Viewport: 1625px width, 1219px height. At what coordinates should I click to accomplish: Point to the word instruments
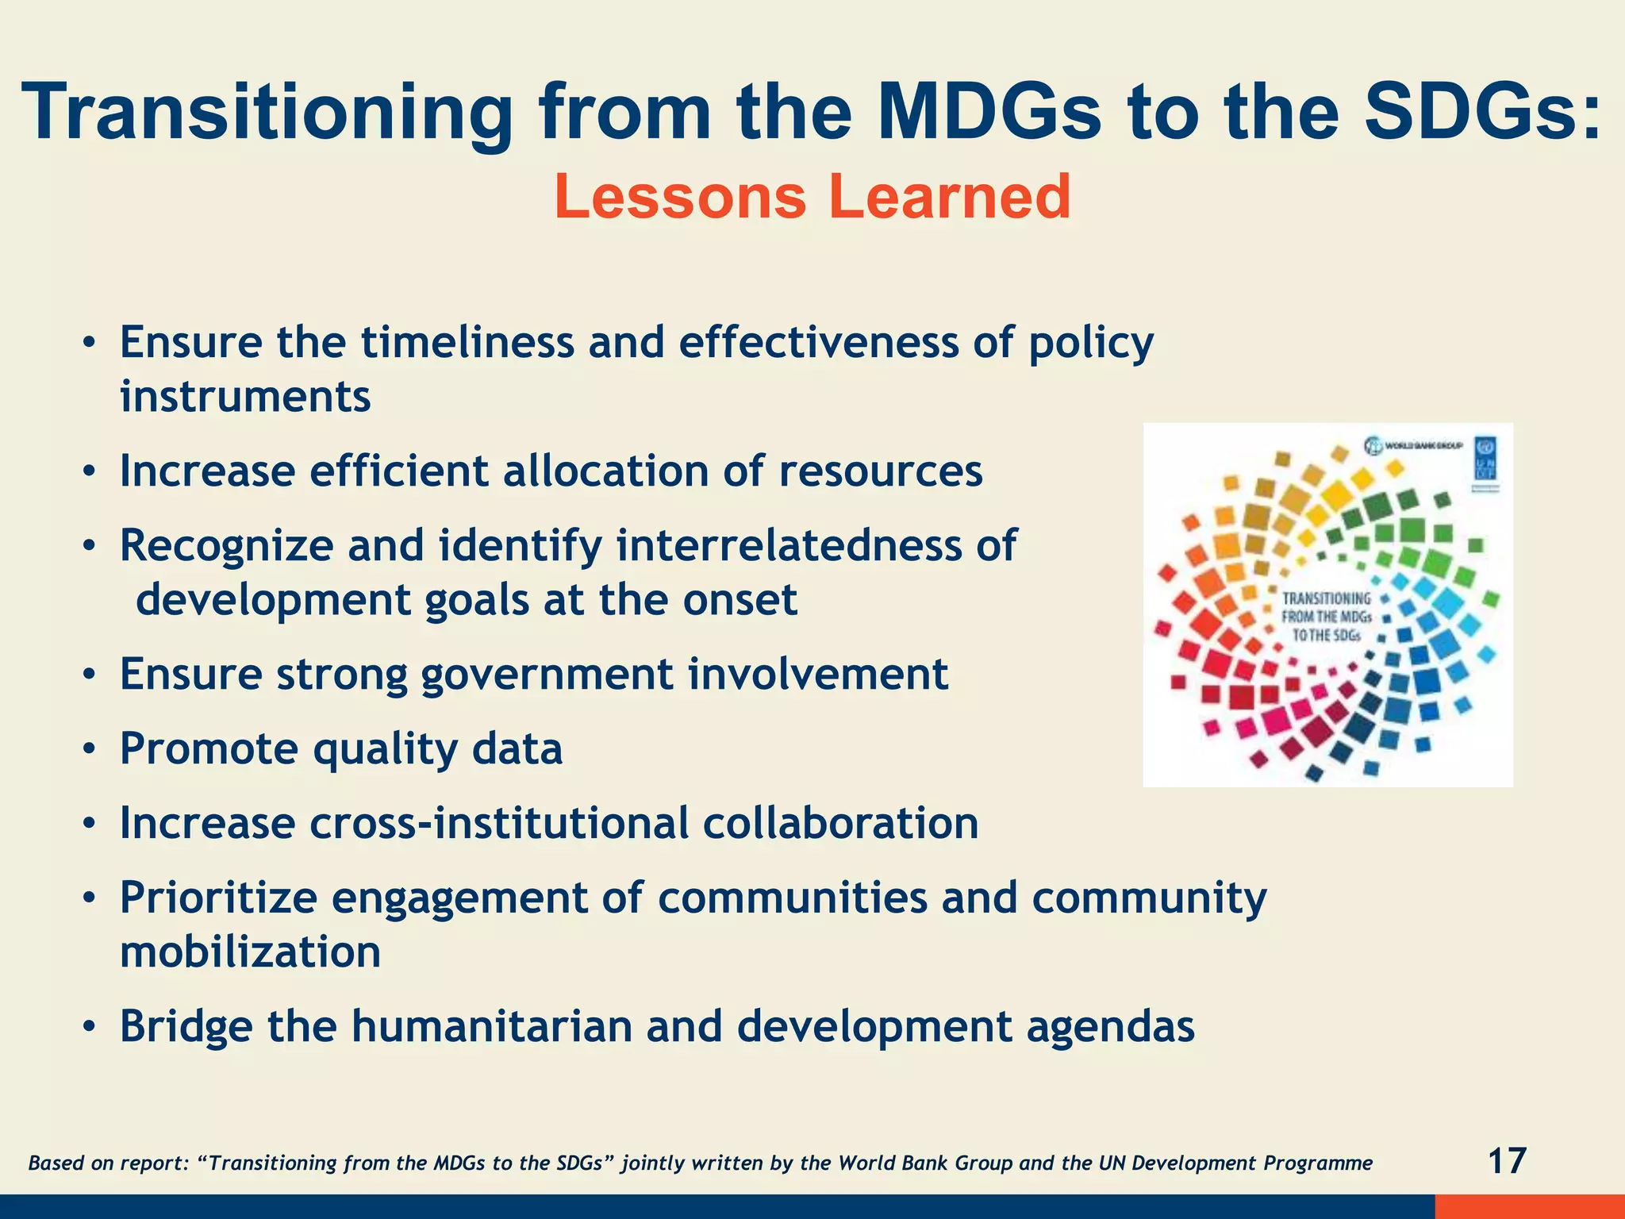pyautogui.click(x=245, y=396)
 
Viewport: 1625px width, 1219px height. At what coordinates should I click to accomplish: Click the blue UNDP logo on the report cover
pyautogui.click(x=1485, y=458)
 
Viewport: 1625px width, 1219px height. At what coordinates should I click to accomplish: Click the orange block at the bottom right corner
pyautogui.click(x=1529, y=1206)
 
